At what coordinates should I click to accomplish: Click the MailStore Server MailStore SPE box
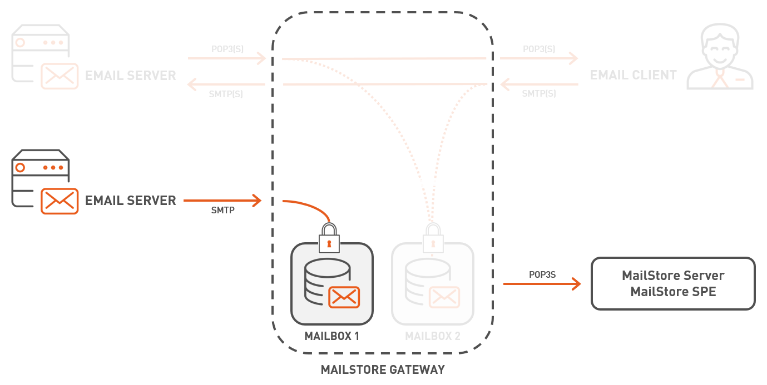(x=673, y=283)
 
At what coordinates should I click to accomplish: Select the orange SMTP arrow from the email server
(x=222, y=200)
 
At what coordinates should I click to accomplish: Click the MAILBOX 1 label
(x=331, y=336)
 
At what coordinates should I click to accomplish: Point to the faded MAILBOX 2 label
(x=432, y=336)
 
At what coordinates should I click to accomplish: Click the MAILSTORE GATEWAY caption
(x=383, y=369)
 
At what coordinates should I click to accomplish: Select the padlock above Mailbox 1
(x=329, y=238)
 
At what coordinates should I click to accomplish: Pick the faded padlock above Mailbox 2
(x=433, y=238)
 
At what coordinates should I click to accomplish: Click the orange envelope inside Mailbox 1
(x=344, y=297)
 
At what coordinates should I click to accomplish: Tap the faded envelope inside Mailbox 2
(x=444, y=297)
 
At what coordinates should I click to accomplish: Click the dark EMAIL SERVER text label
(x=130, y=201)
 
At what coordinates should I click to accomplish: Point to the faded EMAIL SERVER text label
(x=130, y=76)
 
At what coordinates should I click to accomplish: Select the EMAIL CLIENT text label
(x=633, y=75)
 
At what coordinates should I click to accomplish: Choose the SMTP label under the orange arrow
(x=222, y=211)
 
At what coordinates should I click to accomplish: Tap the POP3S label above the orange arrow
(x=542, y=274)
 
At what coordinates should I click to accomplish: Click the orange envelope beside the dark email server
(x=60, y=201)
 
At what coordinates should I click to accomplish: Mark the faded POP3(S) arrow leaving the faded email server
(x=226, y=58)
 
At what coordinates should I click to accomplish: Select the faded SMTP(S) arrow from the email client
(x=539, y=85)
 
